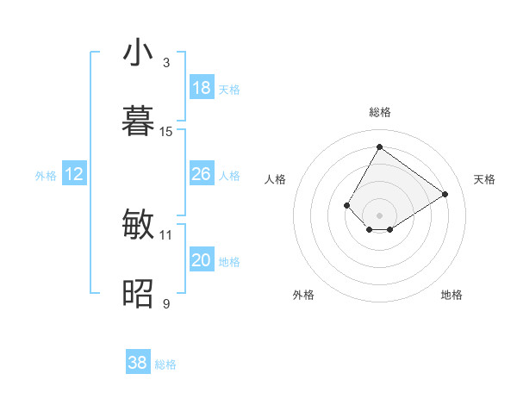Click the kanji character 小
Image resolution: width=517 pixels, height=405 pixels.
point(138,53)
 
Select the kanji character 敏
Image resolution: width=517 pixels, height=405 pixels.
point(138,225)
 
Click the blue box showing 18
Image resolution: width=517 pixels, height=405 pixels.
point(202,88)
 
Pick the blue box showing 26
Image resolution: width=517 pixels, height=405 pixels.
point(202,174)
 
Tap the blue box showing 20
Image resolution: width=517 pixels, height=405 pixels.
point(202,260)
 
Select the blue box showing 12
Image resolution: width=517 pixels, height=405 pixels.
point(74,175)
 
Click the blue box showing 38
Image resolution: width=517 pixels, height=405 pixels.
point(138,363)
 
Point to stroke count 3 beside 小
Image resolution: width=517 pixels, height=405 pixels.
point(166,62)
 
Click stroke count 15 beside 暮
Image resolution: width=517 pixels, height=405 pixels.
point(166,132)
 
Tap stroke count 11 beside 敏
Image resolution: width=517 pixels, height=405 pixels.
point(166,234)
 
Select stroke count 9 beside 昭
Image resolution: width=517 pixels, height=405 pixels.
point(166,304)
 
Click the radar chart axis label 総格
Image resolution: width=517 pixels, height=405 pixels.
point(379,112)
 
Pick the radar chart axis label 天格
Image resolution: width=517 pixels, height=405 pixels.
point(484,179)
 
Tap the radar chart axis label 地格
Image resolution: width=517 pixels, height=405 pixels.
point(452,295)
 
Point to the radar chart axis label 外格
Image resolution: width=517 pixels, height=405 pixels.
point(303,295)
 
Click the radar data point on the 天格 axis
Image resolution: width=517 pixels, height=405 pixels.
point(445,194)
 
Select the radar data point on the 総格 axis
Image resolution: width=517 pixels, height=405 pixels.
point(379,146)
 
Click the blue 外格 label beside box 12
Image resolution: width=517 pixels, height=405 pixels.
point(46,176)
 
